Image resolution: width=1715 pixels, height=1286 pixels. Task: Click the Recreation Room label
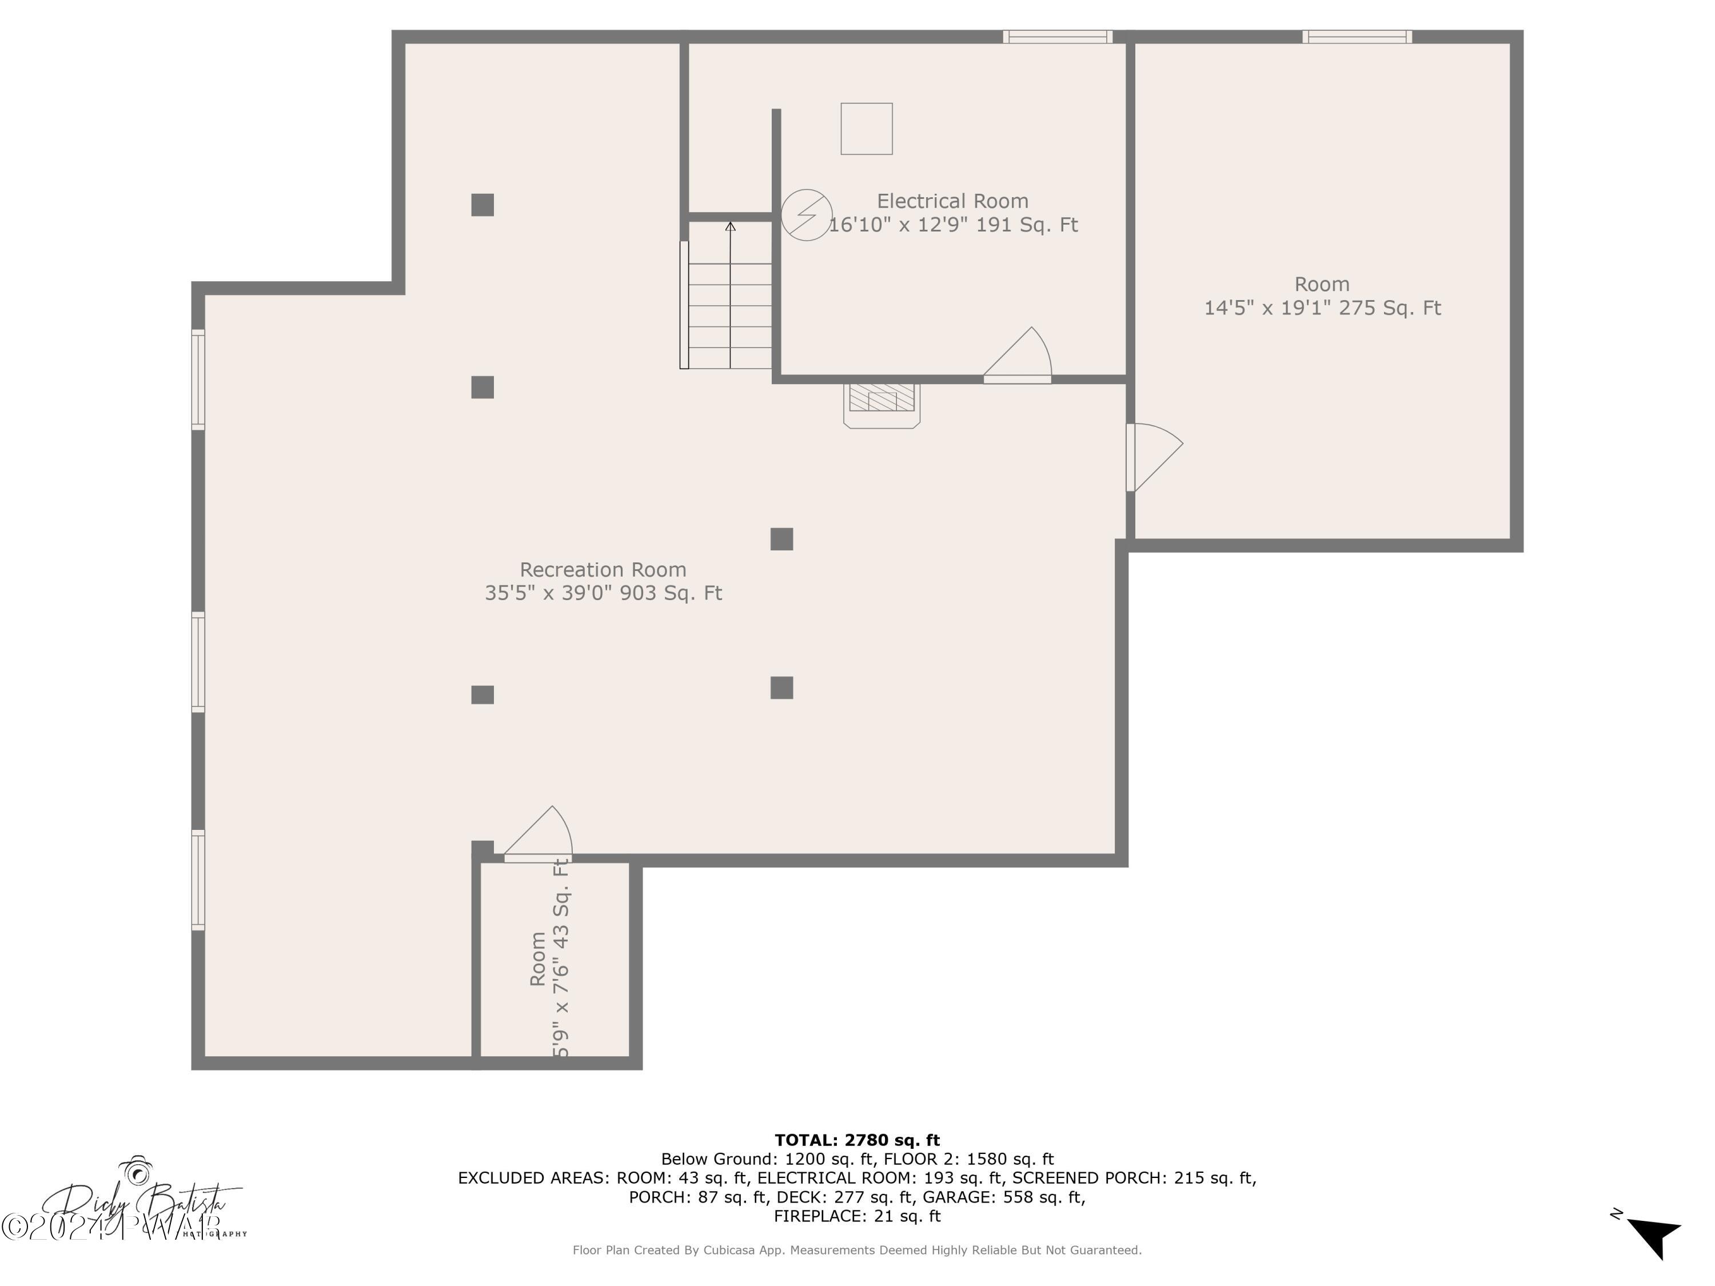point(603,570)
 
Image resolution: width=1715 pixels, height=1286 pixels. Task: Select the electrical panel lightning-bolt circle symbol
point(806,215)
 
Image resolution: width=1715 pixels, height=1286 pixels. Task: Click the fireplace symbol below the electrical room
point(882,403)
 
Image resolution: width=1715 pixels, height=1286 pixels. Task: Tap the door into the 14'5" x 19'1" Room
point(1153,457)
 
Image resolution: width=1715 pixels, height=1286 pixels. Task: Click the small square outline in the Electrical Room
point(866,129)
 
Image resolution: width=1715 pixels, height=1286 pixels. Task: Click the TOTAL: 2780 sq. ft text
point(857,1140)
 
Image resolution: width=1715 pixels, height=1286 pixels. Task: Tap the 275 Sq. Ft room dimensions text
point(1322,307)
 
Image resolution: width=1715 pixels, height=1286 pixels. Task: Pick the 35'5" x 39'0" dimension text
point(603,593)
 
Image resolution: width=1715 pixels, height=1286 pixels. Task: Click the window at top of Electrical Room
point(1058,37)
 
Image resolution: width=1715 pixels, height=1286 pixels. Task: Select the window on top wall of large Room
point(1357,37)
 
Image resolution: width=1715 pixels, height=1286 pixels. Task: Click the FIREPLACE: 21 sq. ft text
point(857,1216)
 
